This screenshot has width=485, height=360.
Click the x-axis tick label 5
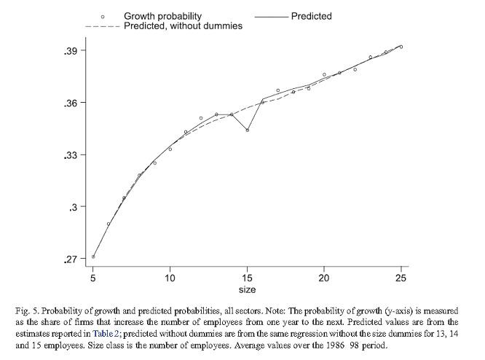93,278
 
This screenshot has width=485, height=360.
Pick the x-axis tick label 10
170,278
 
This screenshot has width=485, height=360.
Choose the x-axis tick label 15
247,278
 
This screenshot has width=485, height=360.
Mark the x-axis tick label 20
324,278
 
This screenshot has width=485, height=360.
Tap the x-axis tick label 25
401,278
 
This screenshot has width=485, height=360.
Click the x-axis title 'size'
247,290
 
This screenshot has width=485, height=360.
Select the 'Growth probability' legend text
162,16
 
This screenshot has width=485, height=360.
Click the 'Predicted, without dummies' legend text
183,26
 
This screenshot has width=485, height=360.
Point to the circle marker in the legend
103,16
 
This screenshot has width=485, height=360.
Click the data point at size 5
93,257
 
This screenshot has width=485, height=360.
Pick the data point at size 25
401,47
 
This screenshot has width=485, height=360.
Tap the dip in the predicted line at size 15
248,130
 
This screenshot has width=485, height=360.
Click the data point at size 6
109,224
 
